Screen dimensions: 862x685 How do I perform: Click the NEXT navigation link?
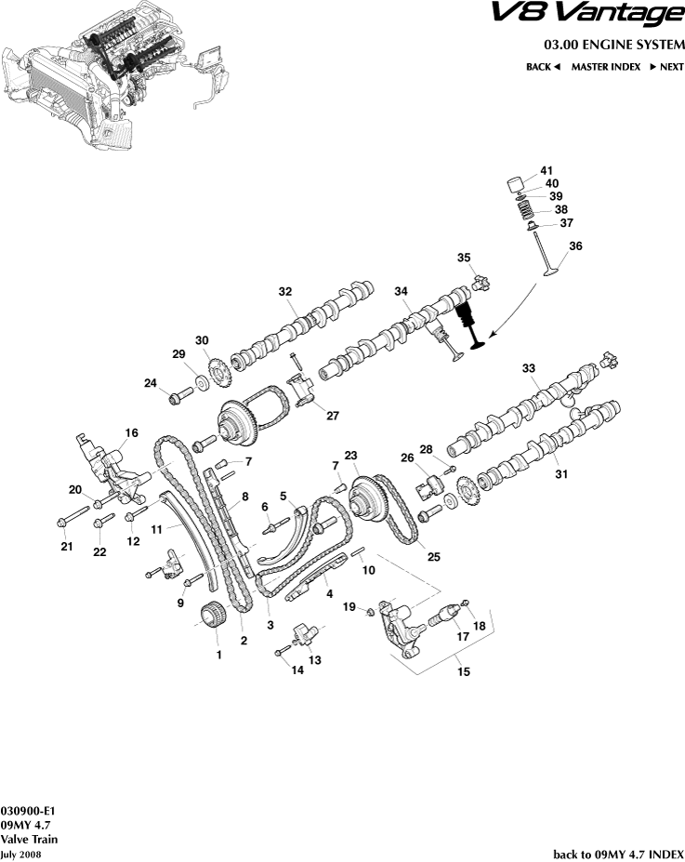coord(665,67)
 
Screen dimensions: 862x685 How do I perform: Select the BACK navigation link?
coord(543,67)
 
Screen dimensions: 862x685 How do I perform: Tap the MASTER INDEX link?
coord(605,67)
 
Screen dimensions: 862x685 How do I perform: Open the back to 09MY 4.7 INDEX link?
coord(618,854)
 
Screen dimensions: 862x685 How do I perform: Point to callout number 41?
coord(547,170)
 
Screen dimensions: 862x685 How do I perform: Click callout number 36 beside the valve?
coord(575,246)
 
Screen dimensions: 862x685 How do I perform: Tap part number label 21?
coord(66,547)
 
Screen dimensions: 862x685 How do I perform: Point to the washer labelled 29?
coord(202,384)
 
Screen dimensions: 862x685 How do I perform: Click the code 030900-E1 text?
coord(21,810)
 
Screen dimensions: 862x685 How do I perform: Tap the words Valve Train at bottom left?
coord(29,839)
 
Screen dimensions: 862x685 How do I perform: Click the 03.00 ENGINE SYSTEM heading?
coord(613,45)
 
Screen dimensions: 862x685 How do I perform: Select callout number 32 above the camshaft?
coord(285,291)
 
